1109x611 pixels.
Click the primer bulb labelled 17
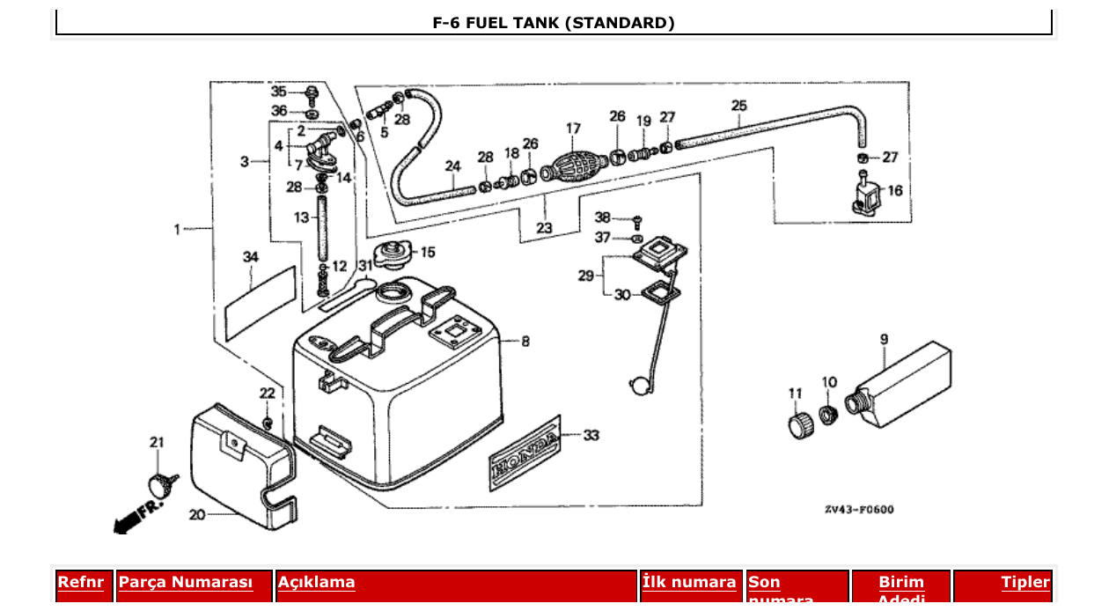pyautogui.click(x=574, y=165)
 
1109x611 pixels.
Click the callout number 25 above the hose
pyautogui.click(x=738, y=106)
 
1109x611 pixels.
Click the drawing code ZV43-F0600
pyautogui.click(x=859, y=509)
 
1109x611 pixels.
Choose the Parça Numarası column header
pyautogui.click(x=186, y=582)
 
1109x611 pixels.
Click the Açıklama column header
pyautogui.click(x=317, y=582)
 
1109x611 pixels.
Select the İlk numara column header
pyautogui.click(x=689, y=582)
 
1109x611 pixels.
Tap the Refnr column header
pyautogui.click(x=81, y=582)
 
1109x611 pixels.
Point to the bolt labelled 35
pyautogui.click(x=312, y=92)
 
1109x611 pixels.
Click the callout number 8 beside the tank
pyautogui.click(x=525, y=341)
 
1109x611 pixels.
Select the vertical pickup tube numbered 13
pyautogui.click(x=322, y=228)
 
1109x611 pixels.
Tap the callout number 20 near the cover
pyautogui.click(x=196, y=514)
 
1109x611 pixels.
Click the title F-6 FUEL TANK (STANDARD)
pyautogui.click(x=554, y=23)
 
